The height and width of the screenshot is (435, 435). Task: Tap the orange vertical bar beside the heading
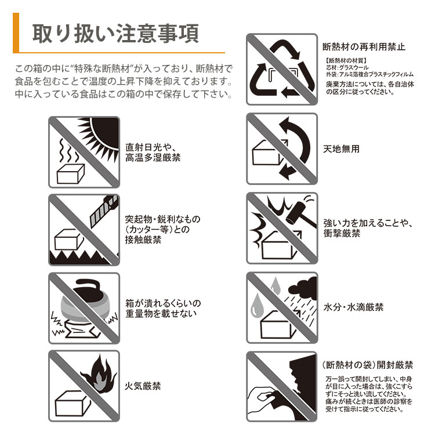16,32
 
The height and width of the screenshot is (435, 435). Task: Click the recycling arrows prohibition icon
282,69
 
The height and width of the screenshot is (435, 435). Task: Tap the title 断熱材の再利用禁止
364,46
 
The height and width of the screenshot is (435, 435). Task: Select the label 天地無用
341,149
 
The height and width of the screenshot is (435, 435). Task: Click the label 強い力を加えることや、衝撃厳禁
367,228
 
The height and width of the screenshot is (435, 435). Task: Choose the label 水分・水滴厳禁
353,307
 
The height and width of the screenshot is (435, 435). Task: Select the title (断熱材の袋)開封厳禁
367,365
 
